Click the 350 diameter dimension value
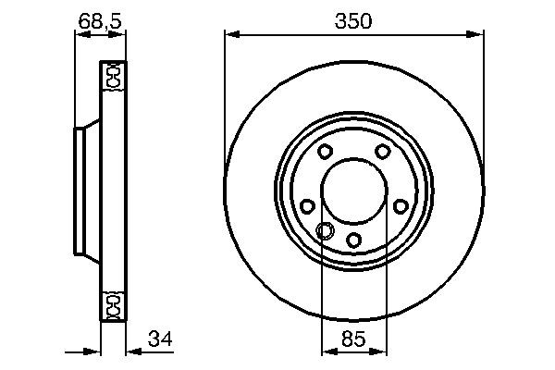pos(353,20)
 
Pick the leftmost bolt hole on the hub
pos(307,206)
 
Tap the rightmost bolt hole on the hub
pos(400,206)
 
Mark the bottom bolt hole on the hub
pos(353,240)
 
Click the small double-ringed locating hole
pos(326,231)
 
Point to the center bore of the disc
pos(353,191)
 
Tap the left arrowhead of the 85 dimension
pos(327,351)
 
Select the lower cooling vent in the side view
pos(113,304)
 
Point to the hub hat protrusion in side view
pos(82,191)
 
